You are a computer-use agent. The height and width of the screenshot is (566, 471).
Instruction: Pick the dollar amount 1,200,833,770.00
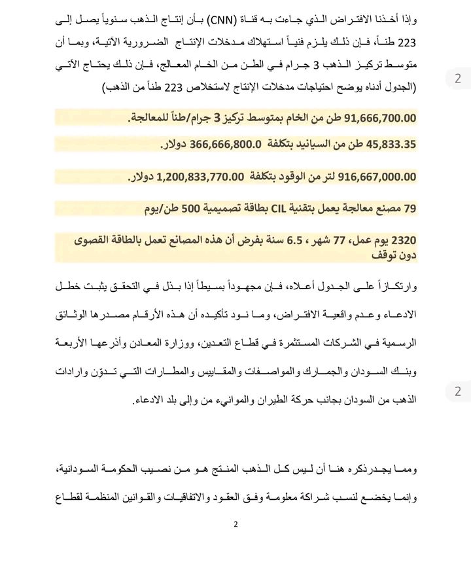tap(191, 177)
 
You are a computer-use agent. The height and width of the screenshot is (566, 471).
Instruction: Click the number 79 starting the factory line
tap(410, 209)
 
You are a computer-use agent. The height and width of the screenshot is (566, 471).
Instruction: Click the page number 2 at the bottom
tap(235, 524)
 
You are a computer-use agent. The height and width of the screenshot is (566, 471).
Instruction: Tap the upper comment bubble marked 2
tap(458, 79)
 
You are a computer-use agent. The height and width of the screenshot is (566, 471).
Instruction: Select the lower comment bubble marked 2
tap(458, 391)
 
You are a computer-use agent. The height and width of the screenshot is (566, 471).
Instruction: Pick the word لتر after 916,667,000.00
tap(325, 177)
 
